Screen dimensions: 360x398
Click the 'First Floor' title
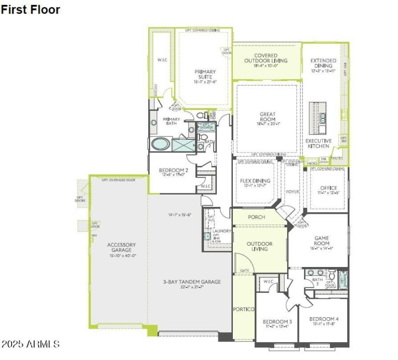(31, 9)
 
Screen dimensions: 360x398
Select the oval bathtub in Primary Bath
(161, 145)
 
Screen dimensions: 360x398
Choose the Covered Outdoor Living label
(266, 58)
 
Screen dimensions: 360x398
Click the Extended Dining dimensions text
(323, 71)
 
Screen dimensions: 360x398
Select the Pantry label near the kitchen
(337, 158)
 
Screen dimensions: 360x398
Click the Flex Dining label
(255, 181)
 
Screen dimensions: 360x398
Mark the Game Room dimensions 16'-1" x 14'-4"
(321, 248)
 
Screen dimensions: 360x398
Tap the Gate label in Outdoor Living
(244, 271)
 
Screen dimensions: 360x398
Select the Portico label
(244, 309)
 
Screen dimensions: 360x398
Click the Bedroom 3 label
(277, 322)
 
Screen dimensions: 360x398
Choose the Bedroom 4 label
(323, 319)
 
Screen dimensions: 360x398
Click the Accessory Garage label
(121, 247)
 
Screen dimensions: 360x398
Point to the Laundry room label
(220, 231)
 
